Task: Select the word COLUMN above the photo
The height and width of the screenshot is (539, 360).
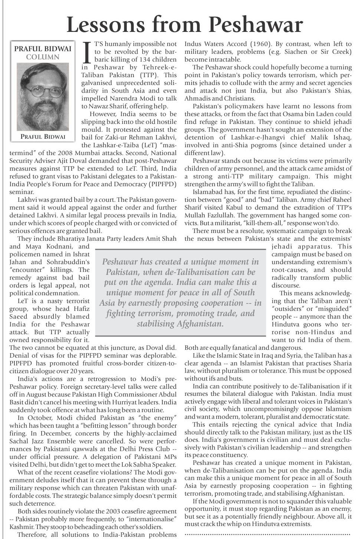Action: point(43,57)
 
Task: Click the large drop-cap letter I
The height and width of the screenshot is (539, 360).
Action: point(87,52)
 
